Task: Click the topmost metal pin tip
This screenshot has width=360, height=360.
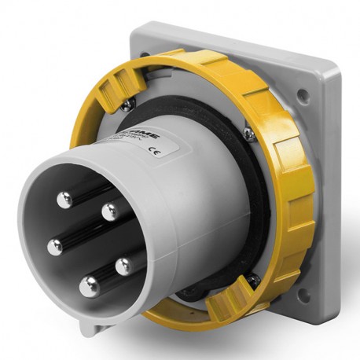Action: (64, 199)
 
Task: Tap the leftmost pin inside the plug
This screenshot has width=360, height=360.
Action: (54, 247)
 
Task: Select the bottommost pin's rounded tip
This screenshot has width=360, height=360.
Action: (89, 286)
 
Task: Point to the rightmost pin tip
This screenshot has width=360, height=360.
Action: (123, 266)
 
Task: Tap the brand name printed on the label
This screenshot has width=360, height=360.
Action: (146, 135)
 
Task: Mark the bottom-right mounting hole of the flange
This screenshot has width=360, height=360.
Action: (305, 292)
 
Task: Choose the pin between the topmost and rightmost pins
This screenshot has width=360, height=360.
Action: (110, 210)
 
